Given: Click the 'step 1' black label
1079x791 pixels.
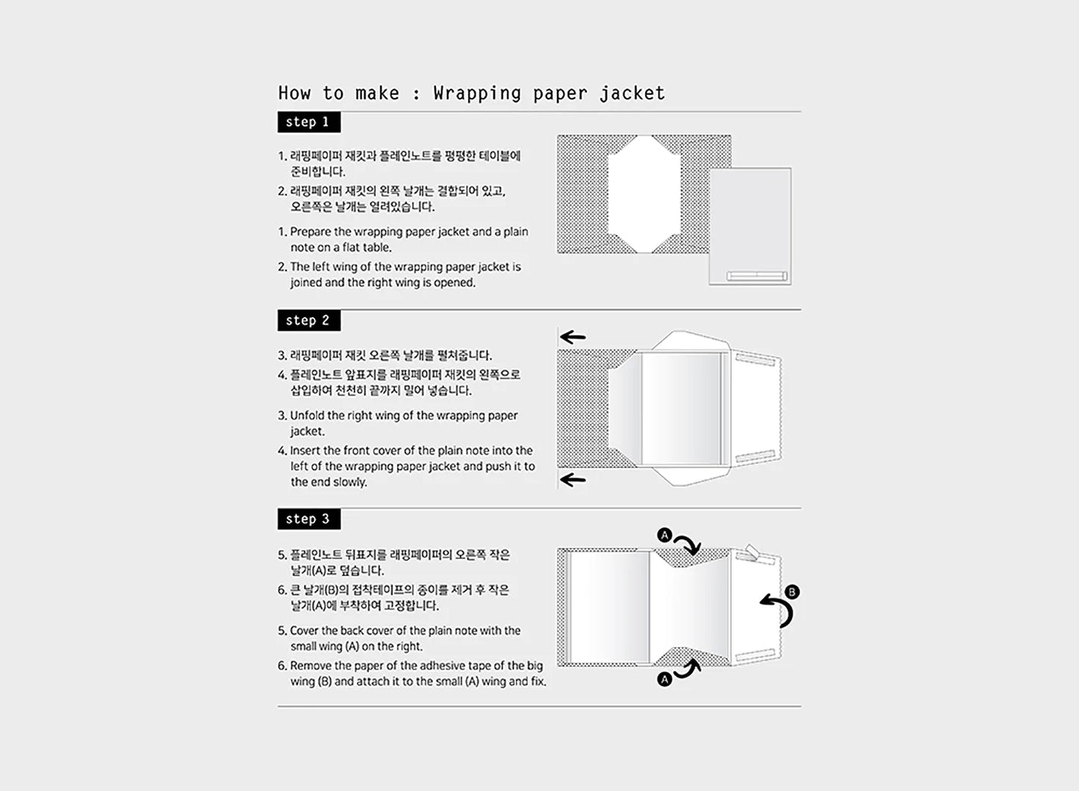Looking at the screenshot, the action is point(309,122).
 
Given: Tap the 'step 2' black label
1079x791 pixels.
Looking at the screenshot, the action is point(309,321).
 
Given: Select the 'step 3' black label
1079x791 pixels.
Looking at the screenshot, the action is point(309,519).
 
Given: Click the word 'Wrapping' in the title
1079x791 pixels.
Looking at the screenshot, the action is point(477,93).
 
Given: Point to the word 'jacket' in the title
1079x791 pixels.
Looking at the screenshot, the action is point(632,93).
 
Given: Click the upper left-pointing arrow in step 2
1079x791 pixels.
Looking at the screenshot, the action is point(573,337).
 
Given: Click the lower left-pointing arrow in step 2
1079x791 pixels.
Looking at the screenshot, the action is point(573,480).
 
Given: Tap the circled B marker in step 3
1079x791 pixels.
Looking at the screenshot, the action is point(792,592).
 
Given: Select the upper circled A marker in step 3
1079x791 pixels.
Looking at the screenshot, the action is point(665,535).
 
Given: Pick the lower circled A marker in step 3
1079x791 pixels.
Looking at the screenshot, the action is point(665,679).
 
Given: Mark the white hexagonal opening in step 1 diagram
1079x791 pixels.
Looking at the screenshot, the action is point(644,194).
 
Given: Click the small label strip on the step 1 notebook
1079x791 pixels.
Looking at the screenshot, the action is point(756,276).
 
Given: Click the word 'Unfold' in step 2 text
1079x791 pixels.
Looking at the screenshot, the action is point(308,416).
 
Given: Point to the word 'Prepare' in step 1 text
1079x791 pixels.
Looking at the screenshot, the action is point(310,232).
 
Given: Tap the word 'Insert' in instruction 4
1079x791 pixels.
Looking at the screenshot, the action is point(305,451).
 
